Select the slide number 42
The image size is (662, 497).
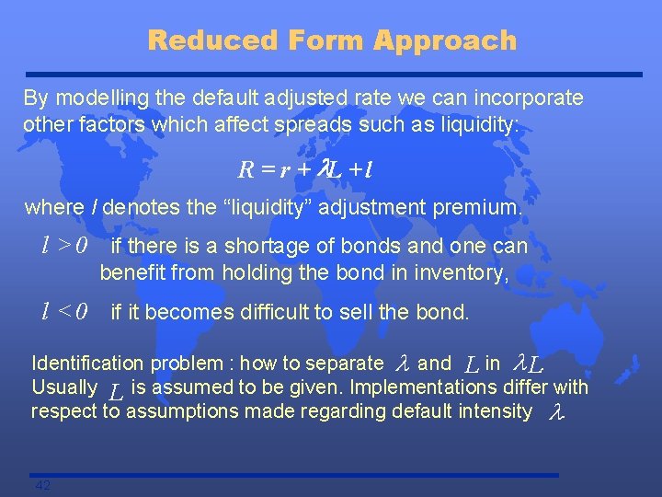[x=42, y=485]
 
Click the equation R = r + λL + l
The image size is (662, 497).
[x=304, y=169]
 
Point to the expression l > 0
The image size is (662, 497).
[x=63, y=246]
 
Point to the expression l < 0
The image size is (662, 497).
[x=63, y=312]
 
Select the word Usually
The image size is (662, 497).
[x=64, y=387]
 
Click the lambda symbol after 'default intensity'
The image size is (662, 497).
[x=554, y=413]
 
